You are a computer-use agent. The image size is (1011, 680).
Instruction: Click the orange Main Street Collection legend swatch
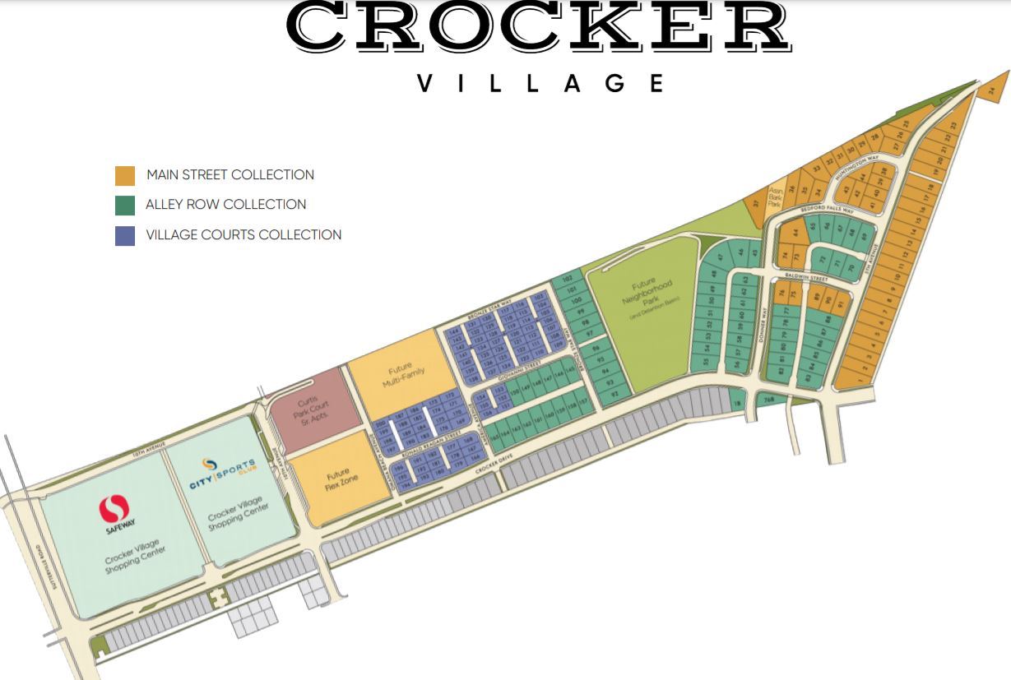tap(125, 175)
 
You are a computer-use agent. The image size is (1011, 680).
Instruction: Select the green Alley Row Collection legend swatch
tap(125, 205)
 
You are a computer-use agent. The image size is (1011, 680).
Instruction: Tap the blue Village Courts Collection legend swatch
tap(125, 235)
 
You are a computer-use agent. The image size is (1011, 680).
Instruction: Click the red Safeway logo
tap(114, 510)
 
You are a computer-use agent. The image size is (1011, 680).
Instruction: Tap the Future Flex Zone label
tap(338, 479)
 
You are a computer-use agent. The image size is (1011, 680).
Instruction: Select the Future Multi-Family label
tap(402, 377)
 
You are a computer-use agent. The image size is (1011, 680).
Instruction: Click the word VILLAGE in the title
tap(540, 83)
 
